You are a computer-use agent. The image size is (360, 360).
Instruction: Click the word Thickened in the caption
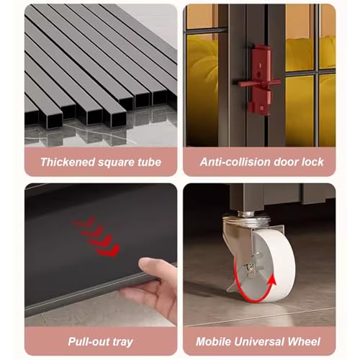[x=68, y=162]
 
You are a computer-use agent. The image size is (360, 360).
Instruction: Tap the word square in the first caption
[x=116, y=163]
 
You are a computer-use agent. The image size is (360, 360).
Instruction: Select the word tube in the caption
[x=149, y=162]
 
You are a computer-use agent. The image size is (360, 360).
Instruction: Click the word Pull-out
[x=87, y=341]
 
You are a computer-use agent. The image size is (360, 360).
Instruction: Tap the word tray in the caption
[x=121, y=342]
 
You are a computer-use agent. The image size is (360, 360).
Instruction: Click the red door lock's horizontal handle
[x=259, y=84]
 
